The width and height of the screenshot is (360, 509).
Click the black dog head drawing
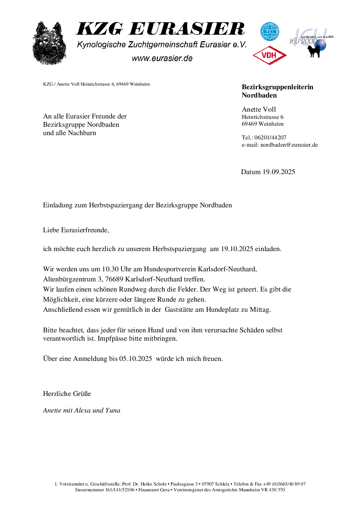(x=50, y=43)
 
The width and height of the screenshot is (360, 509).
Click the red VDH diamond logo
(x=269, y=55)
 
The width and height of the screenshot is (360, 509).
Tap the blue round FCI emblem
(x=270, y=32)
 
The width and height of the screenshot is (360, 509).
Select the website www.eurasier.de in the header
(x=162, y=58)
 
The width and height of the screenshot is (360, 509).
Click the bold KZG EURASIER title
(x=161, y=29)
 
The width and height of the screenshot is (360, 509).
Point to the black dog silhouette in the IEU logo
(x=314, y=51)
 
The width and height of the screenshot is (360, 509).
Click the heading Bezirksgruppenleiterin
(x=277, y=87)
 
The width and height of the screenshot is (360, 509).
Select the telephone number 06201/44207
(x=270, y=138)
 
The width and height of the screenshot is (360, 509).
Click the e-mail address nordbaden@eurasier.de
(x=289, y=145)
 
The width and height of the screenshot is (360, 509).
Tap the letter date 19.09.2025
(x=279, y=172)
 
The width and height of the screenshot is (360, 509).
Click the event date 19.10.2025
(x=237, y=249)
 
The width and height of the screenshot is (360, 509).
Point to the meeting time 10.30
(x=110, y=269)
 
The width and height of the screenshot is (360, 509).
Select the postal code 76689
(x=114, y=279)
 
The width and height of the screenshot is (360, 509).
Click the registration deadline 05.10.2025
(x=136, y=359)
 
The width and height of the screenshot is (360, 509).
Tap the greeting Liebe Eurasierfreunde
(x=76, y=230)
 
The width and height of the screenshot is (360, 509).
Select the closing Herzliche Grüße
(x=67, y=394)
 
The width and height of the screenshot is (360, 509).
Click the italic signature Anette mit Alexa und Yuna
(x=81, y=410)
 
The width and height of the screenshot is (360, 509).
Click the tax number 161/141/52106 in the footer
(x=120, y=490)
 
